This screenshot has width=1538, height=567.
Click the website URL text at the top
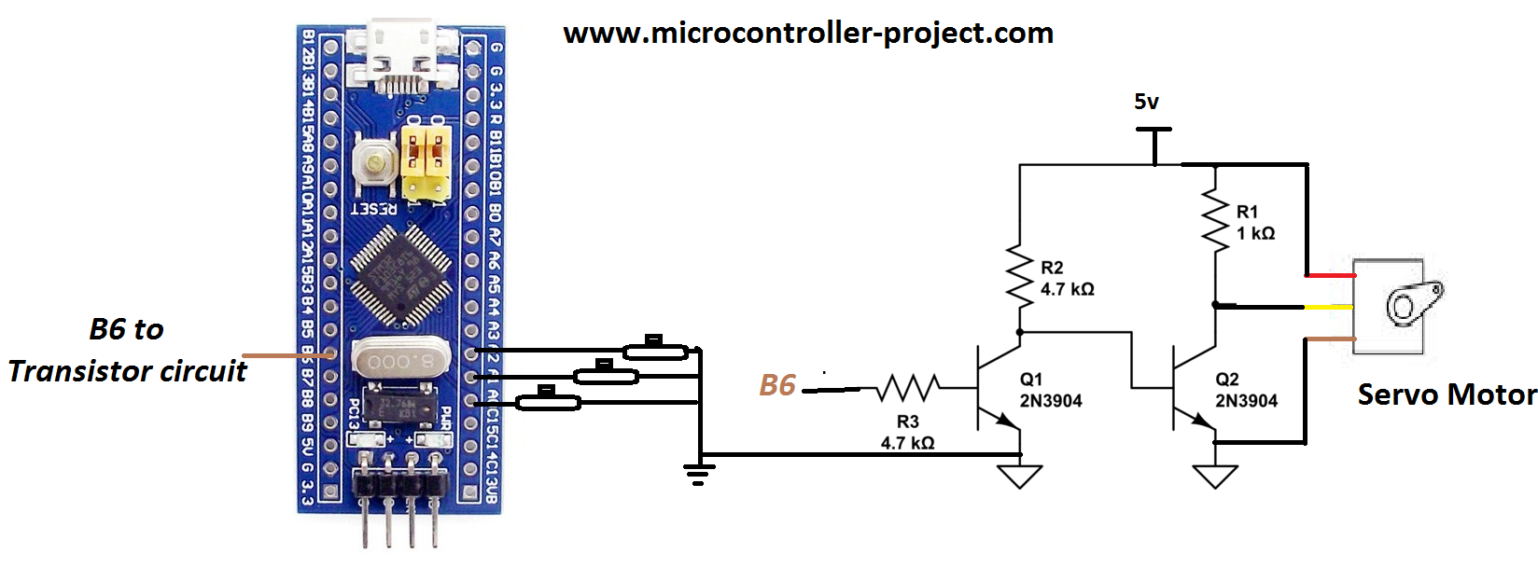(808, 34)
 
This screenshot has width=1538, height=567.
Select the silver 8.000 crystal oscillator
(400, 360)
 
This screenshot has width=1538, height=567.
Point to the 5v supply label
(1146, 102)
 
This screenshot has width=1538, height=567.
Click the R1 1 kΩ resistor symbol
(1215, 221)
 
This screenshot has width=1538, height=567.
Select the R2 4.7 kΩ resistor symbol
(1019, 273)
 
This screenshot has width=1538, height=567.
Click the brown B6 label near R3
(776, 385)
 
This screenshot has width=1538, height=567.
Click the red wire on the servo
(1330, 276)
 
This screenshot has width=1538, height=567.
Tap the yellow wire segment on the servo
(1329, 307)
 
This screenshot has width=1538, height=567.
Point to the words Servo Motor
(1447, 394)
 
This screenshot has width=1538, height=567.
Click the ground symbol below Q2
(1215, 476)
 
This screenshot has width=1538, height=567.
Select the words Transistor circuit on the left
(128, 371)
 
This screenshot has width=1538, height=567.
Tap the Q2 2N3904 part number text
(1246, 401)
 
